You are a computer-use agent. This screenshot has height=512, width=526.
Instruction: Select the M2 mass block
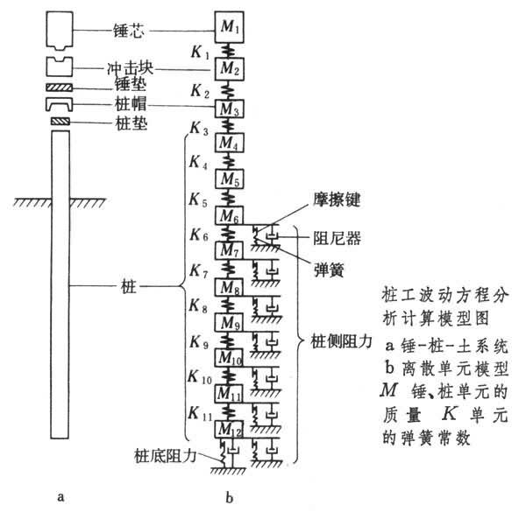click(x=229, y=67)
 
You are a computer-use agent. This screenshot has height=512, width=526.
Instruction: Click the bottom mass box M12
click(x=229, y=429)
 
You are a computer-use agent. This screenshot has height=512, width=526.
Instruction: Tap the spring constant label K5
click(x=198, y=200)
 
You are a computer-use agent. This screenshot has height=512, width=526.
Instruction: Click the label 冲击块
click(x=118, y=68)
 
